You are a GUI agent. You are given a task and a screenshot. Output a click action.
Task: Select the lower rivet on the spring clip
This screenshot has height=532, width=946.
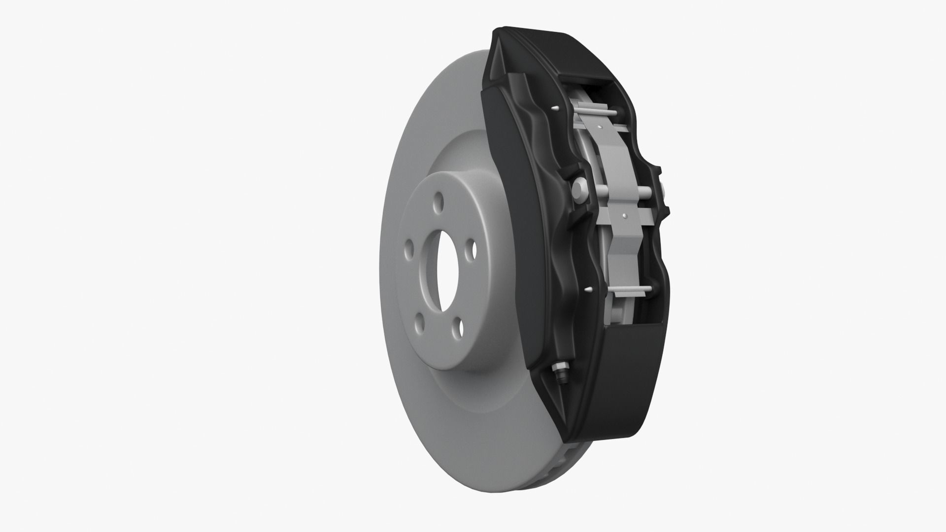pos(624,215)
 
